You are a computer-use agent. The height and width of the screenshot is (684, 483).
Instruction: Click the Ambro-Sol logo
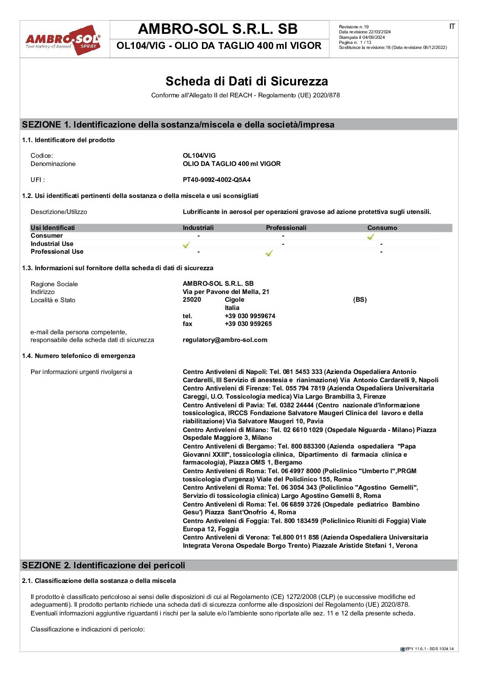(63, 40)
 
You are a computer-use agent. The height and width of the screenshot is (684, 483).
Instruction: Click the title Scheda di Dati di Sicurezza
(246, 81)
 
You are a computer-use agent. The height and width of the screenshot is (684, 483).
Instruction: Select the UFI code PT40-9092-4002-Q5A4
(217, 180)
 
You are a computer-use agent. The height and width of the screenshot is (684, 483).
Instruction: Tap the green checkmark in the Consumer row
(371, 236)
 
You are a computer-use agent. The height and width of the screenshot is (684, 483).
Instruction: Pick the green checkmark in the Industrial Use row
(186, 245)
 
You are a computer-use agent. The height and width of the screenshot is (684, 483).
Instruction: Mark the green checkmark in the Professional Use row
(269, 253)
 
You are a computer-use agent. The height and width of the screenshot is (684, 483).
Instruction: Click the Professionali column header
(286, 228)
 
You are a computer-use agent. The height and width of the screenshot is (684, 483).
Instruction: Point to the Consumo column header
(382, 228)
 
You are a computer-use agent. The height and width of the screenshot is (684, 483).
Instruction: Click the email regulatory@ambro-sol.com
(225, 340)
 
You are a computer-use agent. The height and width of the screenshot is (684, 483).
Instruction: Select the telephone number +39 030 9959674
(250, 316)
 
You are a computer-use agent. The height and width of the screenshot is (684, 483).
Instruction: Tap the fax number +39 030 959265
(248, 324)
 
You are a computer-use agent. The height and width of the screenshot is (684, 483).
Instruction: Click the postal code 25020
(192, 299)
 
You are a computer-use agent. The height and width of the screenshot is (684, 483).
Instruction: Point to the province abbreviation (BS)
(360, 299)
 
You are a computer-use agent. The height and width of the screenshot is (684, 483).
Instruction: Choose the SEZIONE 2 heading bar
(239, 565)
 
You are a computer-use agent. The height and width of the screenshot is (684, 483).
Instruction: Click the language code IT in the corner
(451, 27)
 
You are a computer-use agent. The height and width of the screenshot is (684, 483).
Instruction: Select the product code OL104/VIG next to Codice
(199, 155)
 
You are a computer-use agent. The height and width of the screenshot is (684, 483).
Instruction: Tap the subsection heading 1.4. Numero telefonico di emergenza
(79, 356)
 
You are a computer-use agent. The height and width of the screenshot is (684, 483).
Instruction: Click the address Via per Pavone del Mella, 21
(226, 292)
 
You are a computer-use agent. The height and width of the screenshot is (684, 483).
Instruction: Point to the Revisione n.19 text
(354, 27)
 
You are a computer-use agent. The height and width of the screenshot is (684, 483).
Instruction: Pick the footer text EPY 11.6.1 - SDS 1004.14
(429, 649)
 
